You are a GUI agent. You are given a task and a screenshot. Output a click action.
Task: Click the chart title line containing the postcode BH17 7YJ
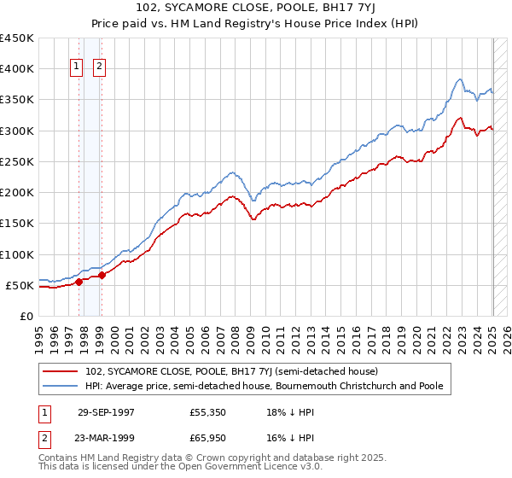255,8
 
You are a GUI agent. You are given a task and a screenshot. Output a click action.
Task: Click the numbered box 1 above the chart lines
76,68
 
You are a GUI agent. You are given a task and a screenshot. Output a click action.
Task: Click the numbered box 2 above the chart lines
99,68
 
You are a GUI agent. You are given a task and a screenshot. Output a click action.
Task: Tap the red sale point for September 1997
79,282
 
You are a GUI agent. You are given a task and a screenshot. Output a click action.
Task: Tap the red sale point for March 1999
102,275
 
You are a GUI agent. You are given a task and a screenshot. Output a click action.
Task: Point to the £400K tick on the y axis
19,69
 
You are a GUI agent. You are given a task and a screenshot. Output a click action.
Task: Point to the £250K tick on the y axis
19,161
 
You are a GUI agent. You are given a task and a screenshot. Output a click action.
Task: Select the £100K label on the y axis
19,254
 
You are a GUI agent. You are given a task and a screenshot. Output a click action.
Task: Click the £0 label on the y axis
27,316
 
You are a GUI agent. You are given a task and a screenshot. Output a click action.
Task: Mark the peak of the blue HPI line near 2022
460,79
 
